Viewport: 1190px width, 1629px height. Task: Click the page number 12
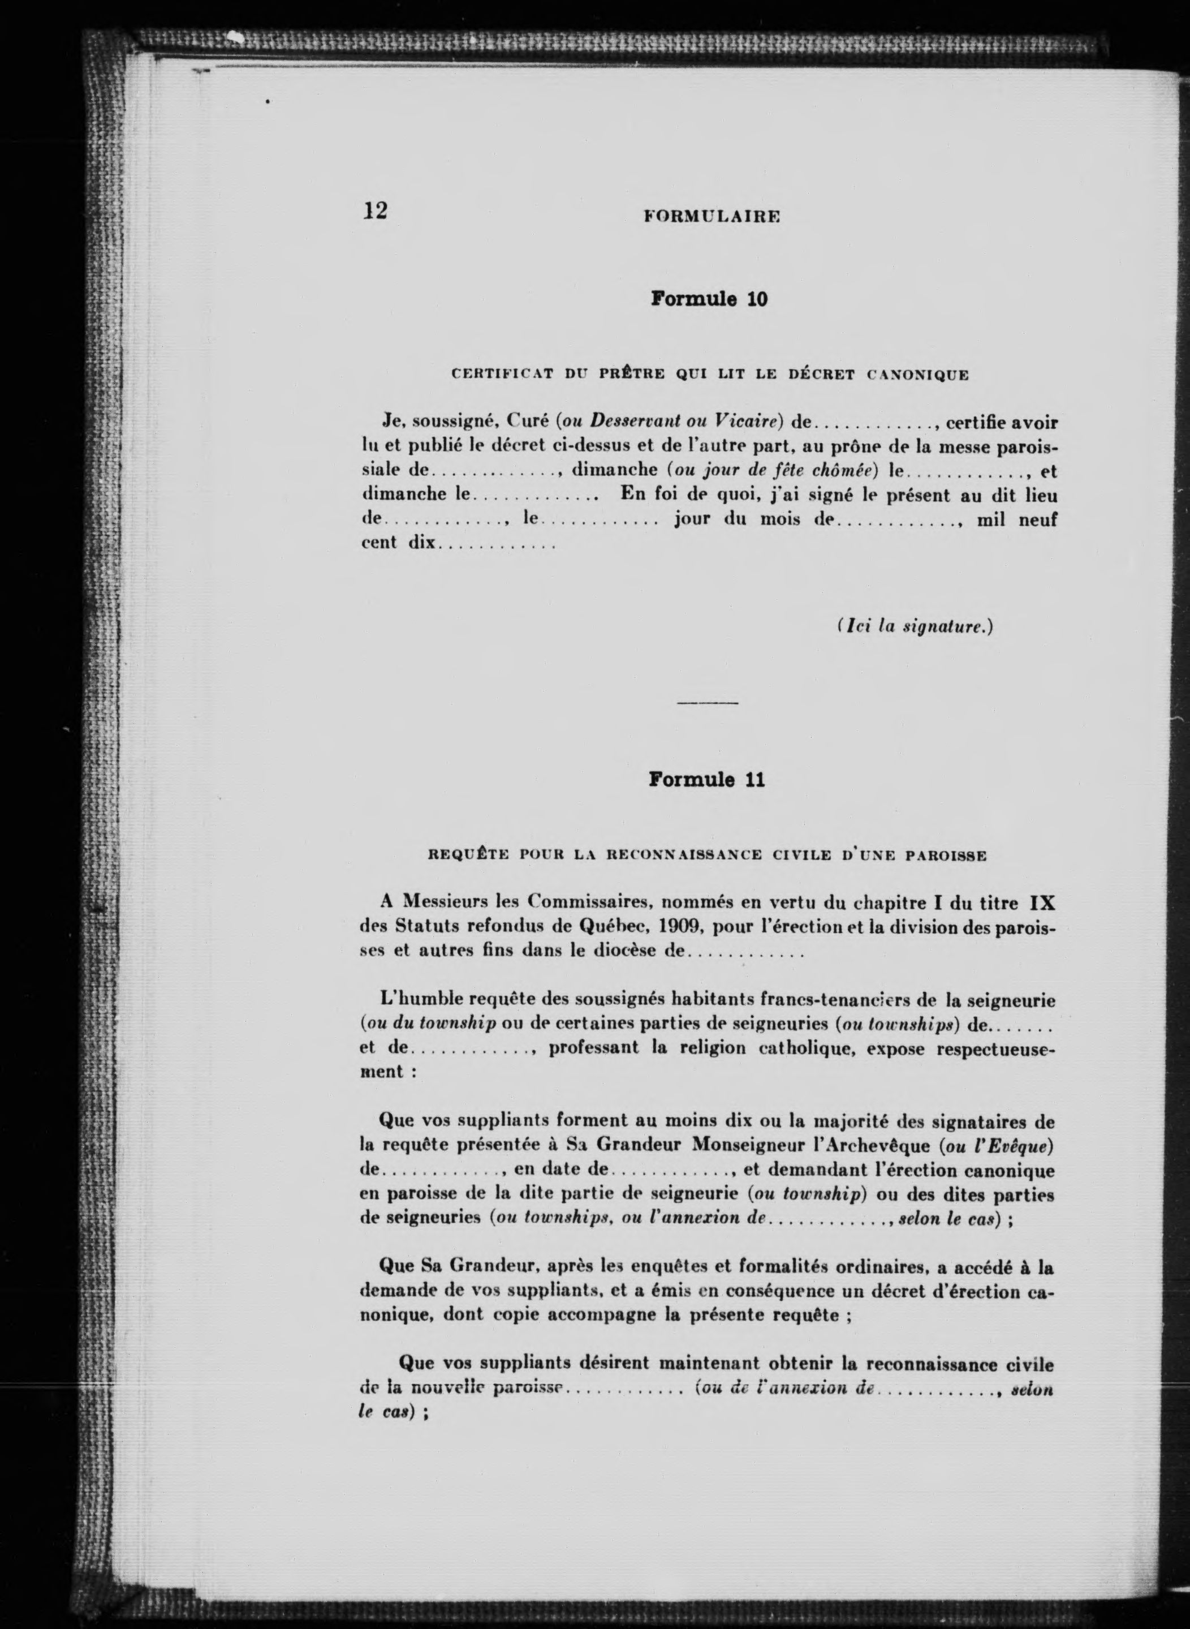376,210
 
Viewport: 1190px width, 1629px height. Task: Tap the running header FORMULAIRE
712,216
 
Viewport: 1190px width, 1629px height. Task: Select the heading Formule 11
706,780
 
